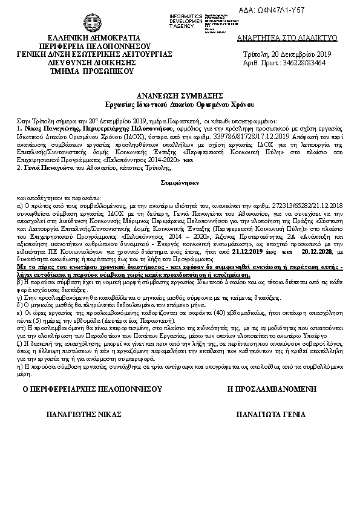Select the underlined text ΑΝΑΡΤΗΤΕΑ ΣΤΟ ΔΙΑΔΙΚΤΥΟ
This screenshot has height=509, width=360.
tap(287, 37)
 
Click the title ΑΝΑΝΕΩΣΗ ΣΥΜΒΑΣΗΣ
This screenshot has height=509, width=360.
tap(179, 96)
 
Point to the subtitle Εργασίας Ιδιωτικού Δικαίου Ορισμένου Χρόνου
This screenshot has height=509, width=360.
tap(179, 103)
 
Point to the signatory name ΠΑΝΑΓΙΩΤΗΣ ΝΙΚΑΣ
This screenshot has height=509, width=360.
tap(85, 415)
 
